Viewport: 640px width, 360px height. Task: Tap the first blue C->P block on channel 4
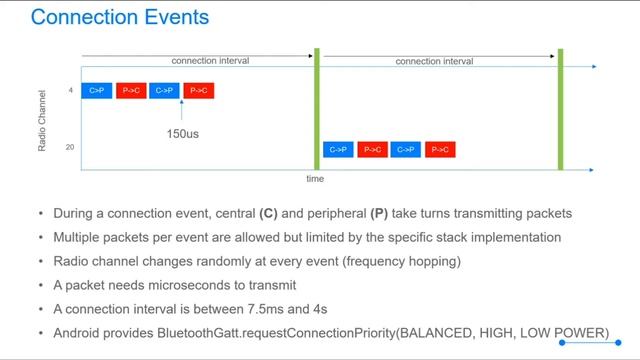point(97,91)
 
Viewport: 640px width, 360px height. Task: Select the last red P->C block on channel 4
point(198,91)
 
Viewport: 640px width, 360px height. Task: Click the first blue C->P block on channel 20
point(339,150)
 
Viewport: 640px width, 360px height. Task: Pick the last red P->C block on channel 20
point(440,150)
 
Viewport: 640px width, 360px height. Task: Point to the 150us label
point(183,132)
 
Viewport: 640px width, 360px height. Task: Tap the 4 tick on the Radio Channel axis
point(70,91)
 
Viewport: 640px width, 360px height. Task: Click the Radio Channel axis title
point(42,120)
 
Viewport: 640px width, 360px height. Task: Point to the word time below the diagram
point(315,179)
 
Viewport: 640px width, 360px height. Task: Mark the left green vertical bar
point(316,110)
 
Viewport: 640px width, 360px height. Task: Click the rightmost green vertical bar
point(561,110)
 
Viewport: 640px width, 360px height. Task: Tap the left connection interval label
point(210,61)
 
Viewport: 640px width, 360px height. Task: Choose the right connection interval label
point(434,61)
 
